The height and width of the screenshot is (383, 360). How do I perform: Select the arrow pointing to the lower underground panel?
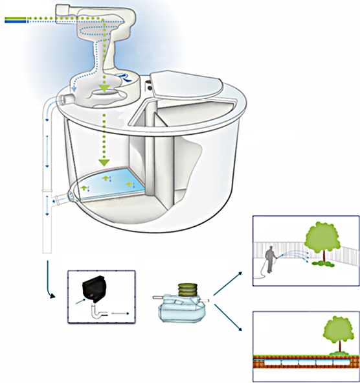229,320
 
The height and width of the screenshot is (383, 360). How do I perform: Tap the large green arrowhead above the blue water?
102,159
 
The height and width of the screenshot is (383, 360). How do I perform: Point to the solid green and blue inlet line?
14,20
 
